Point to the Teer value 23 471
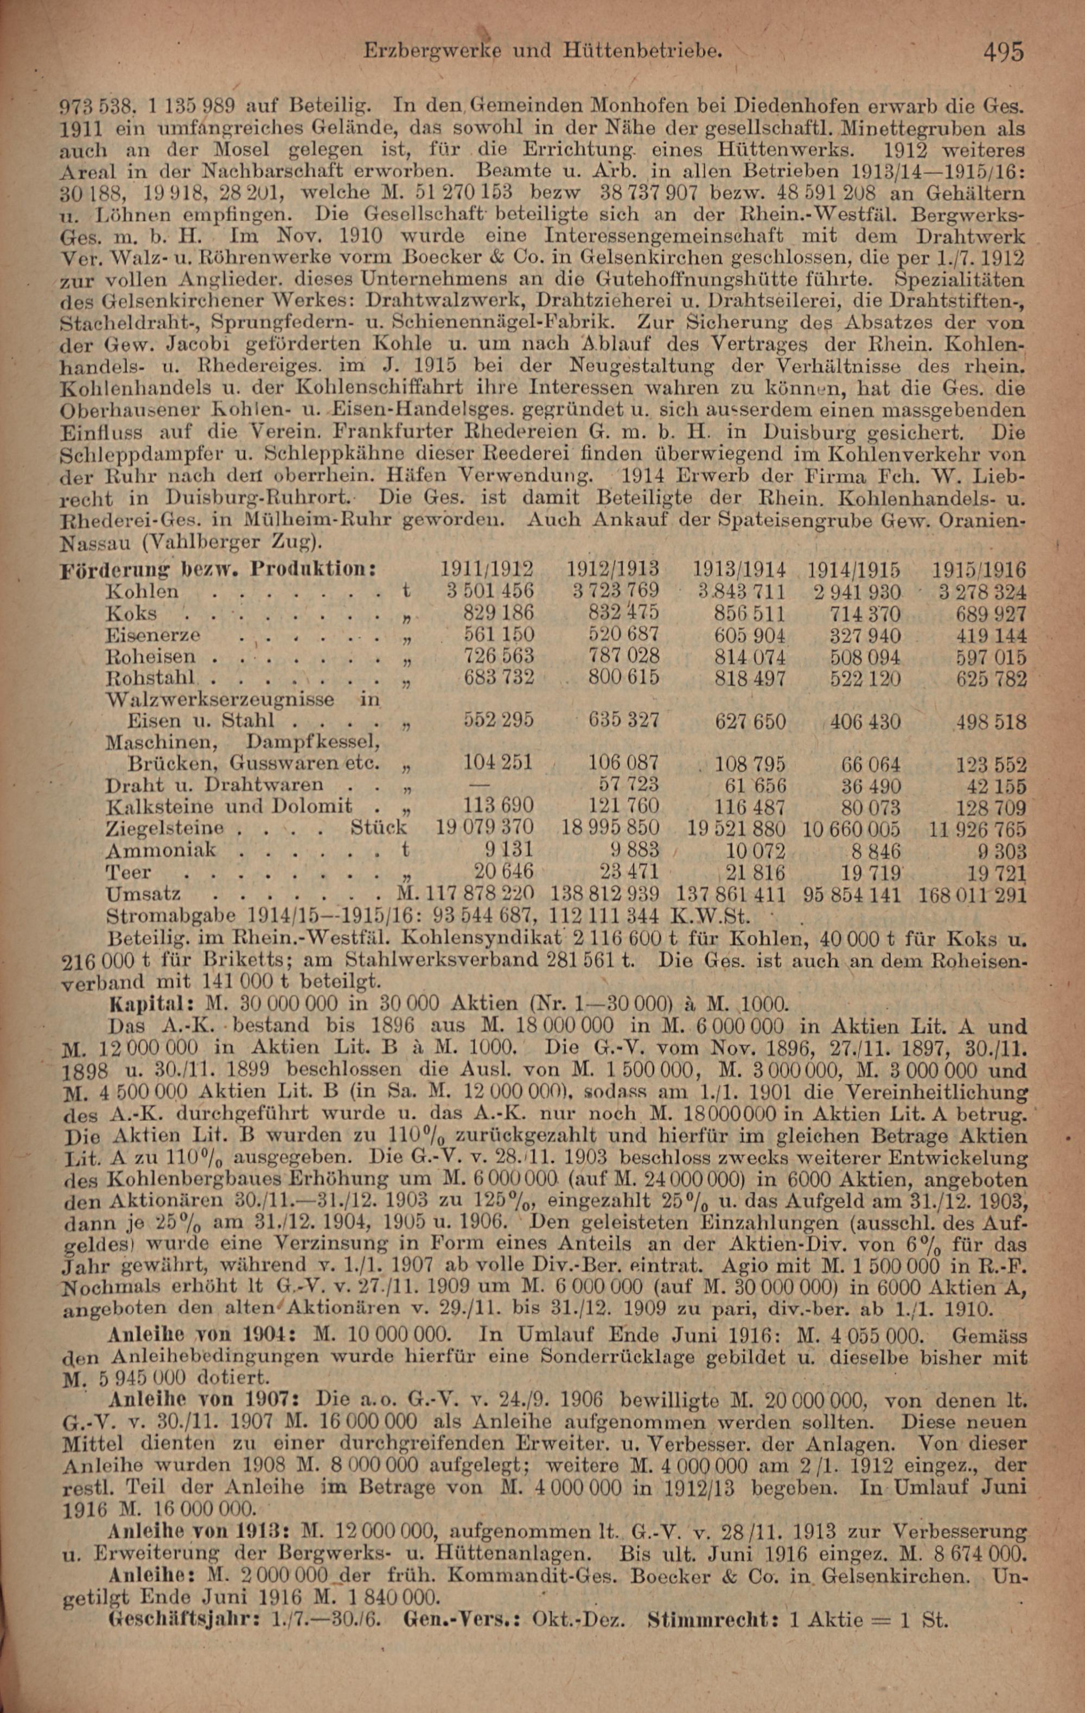click(x=624, y=872)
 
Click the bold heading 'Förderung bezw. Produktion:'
click(x=220, y=571)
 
